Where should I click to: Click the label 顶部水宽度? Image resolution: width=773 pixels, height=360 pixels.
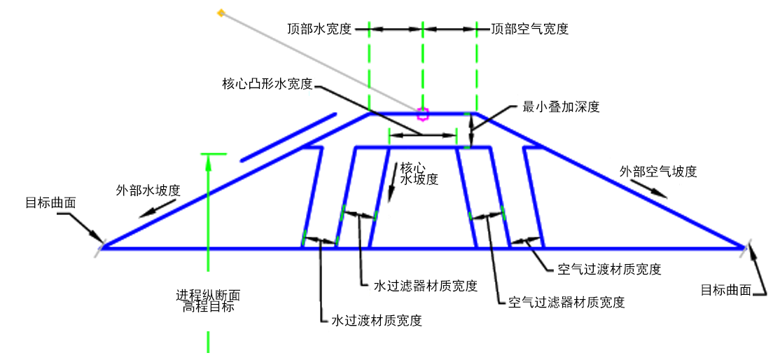pos(319,29)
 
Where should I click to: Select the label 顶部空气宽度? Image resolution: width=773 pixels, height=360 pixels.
pos(530,29)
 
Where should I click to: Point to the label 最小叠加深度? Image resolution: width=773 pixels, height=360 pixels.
pos(562,107)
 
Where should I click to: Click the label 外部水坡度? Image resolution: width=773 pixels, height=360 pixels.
pos(147,191)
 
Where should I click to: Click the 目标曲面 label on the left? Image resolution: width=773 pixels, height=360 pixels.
pos(50,203)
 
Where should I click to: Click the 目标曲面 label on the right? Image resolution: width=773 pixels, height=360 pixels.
pos(725,290)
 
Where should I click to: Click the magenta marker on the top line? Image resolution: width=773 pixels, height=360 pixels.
pos(422,114)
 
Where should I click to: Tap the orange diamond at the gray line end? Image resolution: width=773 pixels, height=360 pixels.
pos(221,13)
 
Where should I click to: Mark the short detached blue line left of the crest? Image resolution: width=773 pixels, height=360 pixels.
pos(288,137)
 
